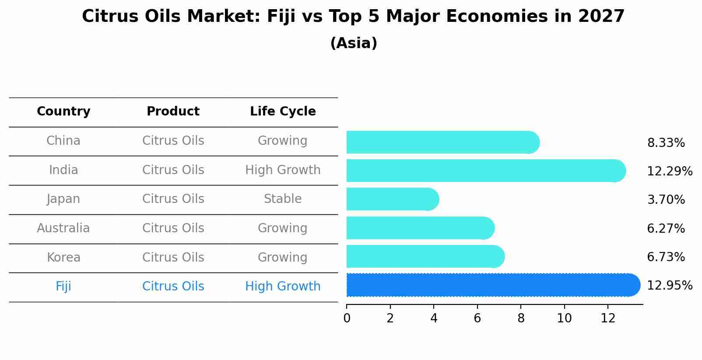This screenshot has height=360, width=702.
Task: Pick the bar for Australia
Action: [420, 228]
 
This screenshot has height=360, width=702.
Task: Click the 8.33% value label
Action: [666, 143]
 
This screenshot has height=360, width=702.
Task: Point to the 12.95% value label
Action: [669, 286]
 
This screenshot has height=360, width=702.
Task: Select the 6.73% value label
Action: [666, 257]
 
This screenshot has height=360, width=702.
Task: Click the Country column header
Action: [63, 112]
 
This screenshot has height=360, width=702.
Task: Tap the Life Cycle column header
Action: [283, 112]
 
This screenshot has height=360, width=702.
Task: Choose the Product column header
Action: [173, 112]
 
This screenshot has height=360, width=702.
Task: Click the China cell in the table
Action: [63, 141]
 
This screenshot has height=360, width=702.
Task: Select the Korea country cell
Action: [63, 257]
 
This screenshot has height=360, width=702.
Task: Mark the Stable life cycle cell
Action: [283, 199]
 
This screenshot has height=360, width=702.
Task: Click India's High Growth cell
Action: [283, 170]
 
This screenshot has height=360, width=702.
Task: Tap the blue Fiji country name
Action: [63, 287]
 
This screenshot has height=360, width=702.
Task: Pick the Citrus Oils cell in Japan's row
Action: [173, 199]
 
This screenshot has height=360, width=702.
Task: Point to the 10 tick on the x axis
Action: [564, 318]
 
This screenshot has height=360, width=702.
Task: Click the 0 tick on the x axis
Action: [347, 318]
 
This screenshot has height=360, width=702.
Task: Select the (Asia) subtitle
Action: [354, 43]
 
